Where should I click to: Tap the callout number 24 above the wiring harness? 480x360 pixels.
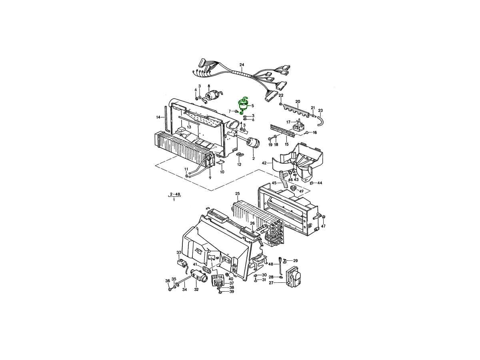point(242,65)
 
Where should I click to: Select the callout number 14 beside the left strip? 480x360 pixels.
point(158,117)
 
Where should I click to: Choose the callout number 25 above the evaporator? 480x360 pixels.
point(238,193)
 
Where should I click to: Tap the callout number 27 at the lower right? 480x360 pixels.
point(271,283)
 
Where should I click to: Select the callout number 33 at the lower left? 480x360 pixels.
point(179,252)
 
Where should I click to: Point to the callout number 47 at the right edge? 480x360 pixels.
point(324,226)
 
